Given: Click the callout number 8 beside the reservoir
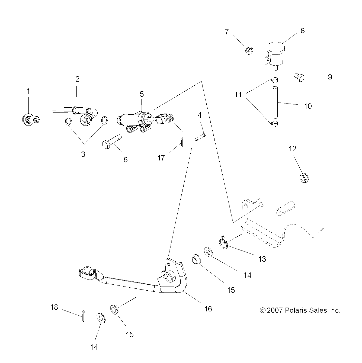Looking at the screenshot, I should [x=303, y=31].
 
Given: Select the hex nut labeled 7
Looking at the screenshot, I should [x=249, y=50].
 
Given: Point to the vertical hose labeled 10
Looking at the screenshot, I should [x=275, y=102].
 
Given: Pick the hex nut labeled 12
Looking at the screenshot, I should [x=304, y=178].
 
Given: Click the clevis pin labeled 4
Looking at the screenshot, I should [x=200, y=137].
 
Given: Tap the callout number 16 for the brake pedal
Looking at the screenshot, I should [x=208, y=309].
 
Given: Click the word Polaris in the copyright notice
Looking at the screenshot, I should [x=296, y=310].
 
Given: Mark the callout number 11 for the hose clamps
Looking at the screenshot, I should [x=238, y=95].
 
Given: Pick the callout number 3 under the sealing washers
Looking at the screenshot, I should [x=83, y=154].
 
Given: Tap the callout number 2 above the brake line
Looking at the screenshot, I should [x=78, y=79].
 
